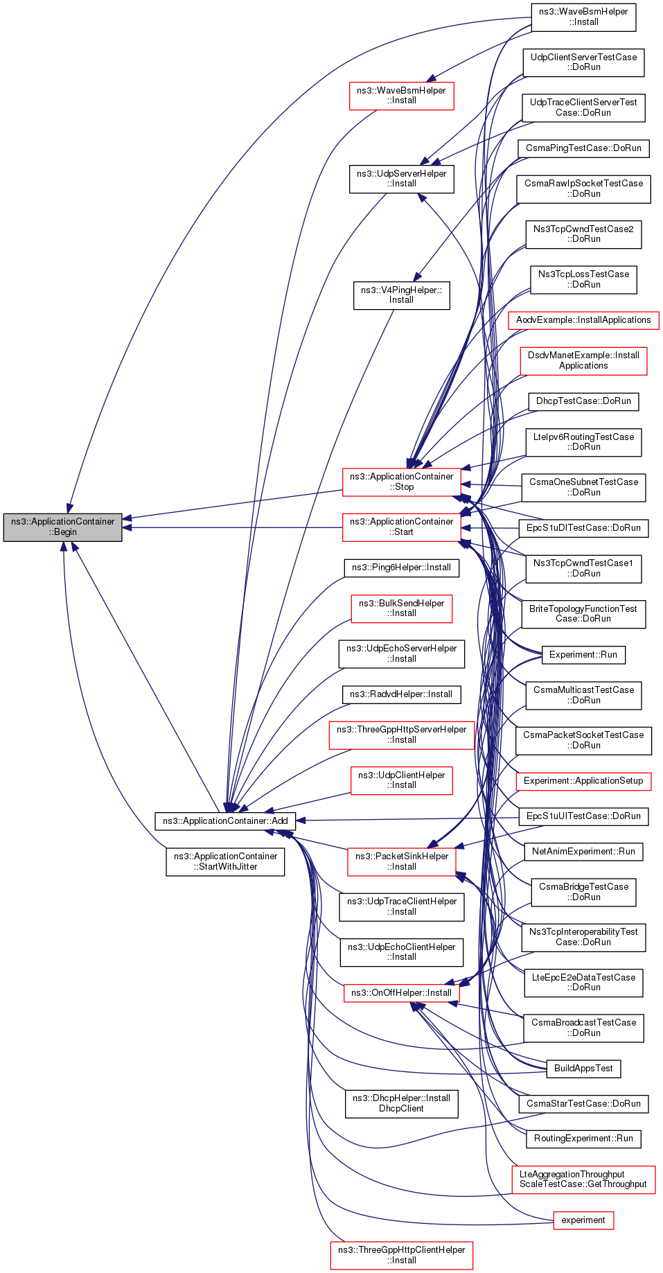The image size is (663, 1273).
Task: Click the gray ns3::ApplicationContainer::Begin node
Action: click(x=62, y=527)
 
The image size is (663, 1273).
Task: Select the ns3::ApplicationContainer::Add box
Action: click(x=225, y=821)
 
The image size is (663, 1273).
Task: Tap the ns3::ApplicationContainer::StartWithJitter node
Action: click(x=225, y=861)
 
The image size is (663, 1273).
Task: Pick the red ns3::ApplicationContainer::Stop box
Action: click(x=401, y=482)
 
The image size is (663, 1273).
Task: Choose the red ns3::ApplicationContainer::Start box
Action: click(x=401, y=527)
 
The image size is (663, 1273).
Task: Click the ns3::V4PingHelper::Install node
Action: click(x=401, y=295)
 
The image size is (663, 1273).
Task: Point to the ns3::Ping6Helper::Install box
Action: click(x=401, y=568)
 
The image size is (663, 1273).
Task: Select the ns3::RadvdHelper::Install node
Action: click(x=401, y=694)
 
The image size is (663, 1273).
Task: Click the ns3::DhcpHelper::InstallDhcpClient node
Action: click(x=401, y=1103)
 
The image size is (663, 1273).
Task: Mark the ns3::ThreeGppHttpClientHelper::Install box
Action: click(x=401, y=1255)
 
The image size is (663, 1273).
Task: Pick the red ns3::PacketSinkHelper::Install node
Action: click(x=401, y=861)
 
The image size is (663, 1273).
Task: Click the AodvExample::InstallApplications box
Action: click(x=583, y=320)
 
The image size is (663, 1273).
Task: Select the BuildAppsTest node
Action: click(x=583, y=1069)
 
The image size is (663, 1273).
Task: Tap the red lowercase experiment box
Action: click(x=583, y=1220)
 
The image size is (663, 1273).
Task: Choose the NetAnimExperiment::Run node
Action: click(x=583, y=852)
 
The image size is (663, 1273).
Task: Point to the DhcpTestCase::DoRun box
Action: click(x=583, y=401)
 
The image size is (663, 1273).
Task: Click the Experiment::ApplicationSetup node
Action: click(x=583, y=781)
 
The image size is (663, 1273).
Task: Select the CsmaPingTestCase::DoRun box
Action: click(x=583, y=148)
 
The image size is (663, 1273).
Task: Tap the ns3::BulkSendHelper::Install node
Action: click(x=401, y=608)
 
